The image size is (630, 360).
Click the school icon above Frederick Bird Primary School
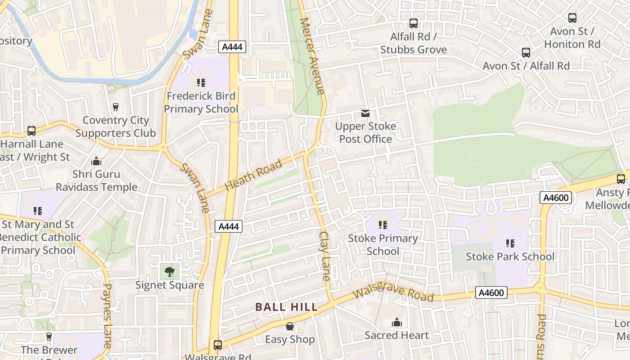[201, 83]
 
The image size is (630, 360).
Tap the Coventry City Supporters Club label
[116, 126]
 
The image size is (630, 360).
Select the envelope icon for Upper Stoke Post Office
[365, 113]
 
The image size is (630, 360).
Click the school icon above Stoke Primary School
[383, 225]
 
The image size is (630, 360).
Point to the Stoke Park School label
[510, 256]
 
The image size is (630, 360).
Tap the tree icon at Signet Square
[170, 271]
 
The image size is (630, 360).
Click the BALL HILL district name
[287, 307]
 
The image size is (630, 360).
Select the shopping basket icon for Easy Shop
[290, 326]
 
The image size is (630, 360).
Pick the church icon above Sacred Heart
[397, 322]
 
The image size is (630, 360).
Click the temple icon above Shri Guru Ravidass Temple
[96, 162]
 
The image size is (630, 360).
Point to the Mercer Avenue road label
[312, 56]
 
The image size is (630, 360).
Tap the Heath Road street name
[253, 175]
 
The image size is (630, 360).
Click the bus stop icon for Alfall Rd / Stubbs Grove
[414, 23]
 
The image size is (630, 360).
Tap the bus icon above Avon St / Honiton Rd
[572, 18]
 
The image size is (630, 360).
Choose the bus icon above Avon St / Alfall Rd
[526, 53]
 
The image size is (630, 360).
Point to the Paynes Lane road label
[107, 315]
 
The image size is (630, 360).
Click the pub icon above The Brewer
[49, 337]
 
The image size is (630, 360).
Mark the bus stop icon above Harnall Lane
[31, 131]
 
